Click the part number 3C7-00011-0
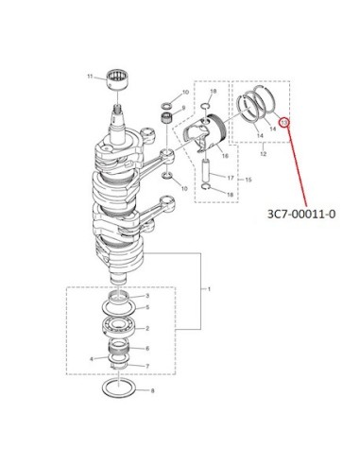pos(301,214)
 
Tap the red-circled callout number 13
pos(284,122)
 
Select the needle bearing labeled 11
pos(118,80)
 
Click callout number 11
pos(90,77)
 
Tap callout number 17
pos(231,178)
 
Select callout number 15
pos(249,180)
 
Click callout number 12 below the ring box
pos(264,154)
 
